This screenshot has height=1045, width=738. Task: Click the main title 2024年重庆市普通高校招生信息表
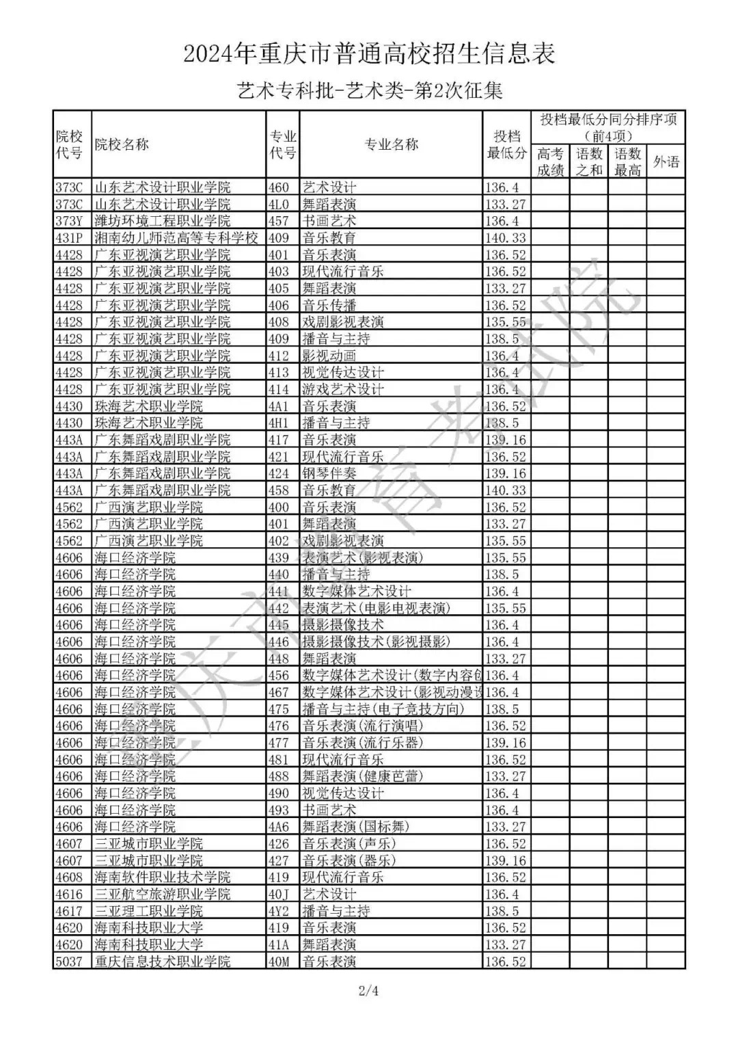[369, 53]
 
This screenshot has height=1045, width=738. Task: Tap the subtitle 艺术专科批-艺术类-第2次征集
[369, 90]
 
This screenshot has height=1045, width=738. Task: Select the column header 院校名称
[122, 144]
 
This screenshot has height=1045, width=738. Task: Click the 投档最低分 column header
[506, 144]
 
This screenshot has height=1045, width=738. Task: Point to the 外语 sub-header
[666, 162]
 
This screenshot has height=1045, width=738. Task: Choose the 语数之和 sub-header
[588, 162]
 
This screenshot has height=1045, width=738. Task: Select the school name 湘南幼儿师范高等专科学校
[176, 238]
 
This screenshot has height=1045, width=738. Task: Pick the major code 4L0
[279, 204]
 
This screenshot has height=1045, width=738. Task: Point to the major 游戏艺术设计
[343, 389]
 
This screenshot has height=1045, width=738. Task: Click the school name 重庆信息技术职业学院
[163, 962]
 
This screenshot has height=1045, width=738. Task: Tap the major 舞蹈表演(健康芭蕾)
[363, 776]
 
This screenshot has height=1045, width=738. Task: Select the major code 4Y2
[279, 911]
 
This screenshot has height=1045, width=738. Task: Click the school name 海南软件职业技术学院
[163, 877]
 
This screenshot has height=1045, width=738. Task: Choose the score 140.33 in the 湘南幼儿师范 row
[506, 238]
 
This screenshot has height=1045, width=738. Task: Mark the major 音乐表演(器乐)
[349, 860]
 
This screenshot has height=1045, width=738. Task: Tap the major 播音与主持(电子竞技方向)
[383, 709]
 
